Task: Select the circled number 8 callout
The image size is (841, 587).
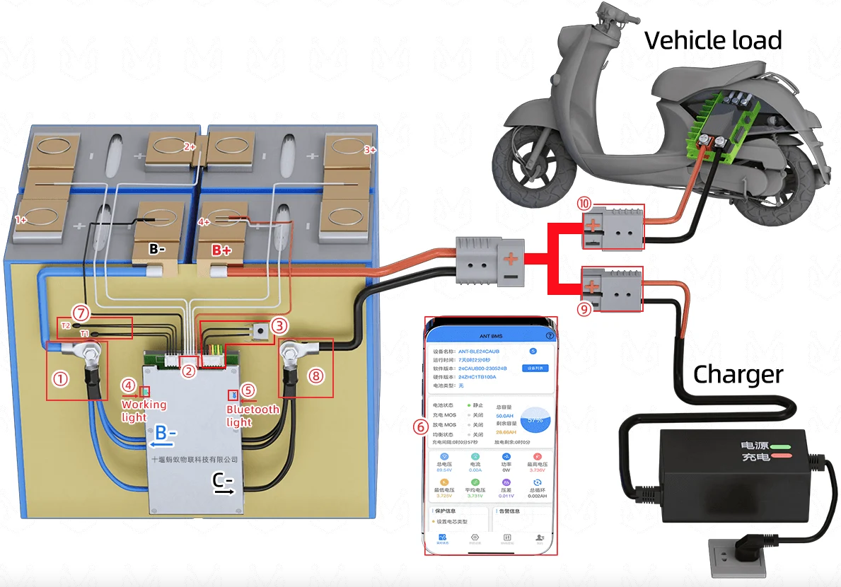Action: (x=316, y=376)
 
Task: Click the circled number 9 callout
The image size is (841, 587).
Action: (x=584, y=308)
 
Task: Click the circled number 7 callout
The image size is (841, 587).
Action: (x=82, y=311)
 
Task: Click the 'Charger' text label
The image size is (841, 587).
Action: (x=738, y=374)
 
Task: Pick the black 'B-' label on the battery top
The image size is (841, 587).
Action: (x=158, y=250)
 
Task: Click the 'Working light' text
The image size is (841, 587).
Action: (x=144, y=411)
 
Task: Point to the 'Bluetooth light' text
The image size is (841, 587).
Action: (x=253, y=415)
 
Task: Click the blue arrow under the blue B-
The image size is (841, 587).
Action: (x=162, y=445)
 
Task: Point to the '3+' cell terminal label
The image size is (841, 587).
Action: (x=370, y=150)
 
